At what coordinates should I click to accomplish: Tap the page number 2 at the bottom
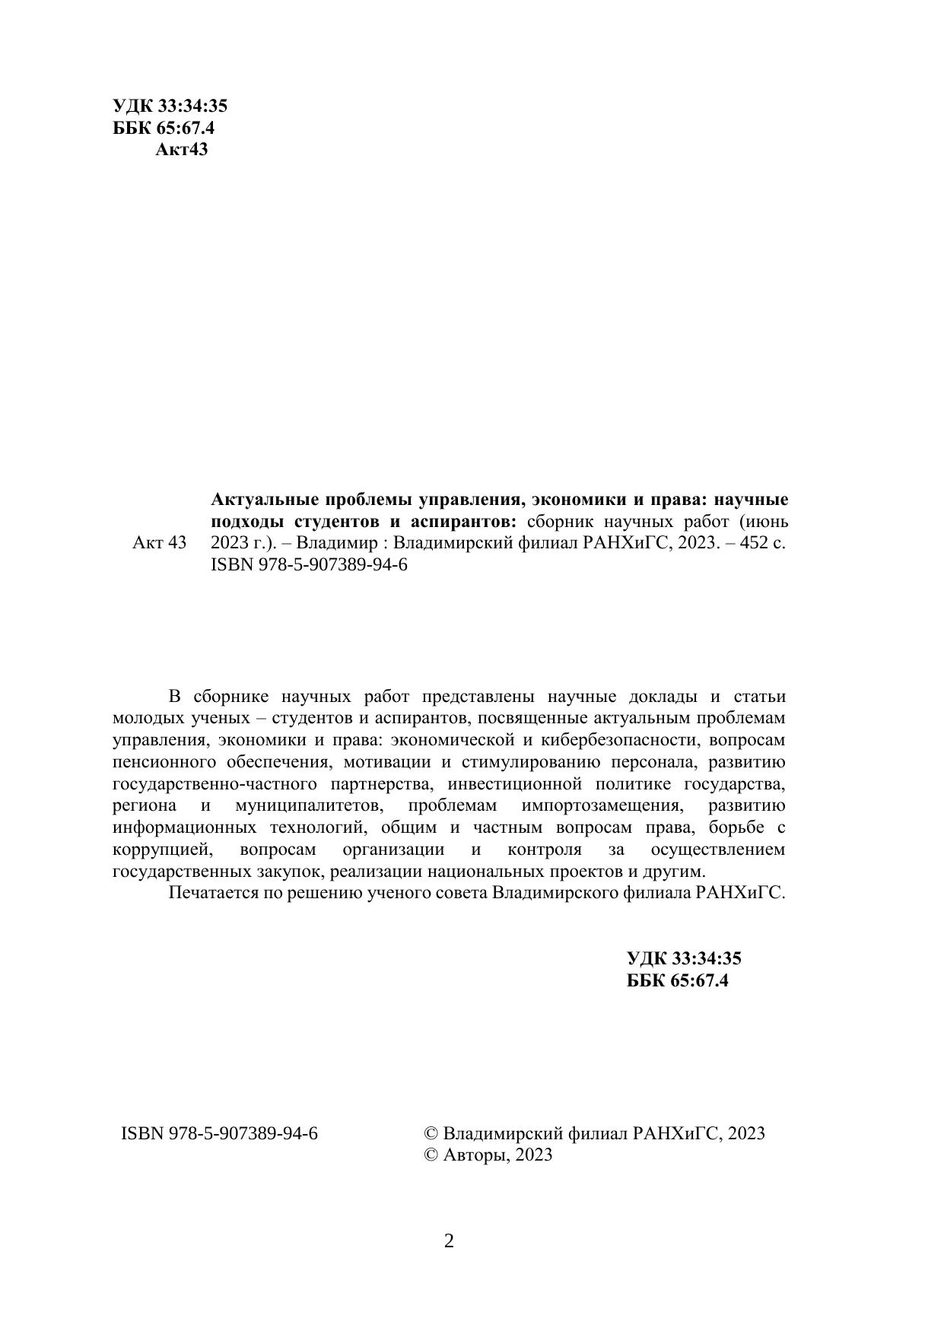point(449,1242)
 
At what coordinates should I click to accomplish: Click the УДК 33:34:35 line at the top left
point(170,106)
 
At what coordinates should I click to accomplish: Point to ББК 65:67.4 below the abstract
point(677,980)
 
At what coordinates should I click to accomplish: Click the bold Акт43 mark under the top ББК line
point(181,149)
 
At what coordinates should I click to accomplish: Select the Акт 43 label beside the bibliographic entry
point(159,543)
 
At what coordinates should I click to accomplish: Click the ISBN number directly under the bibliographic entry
point(308,565)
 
